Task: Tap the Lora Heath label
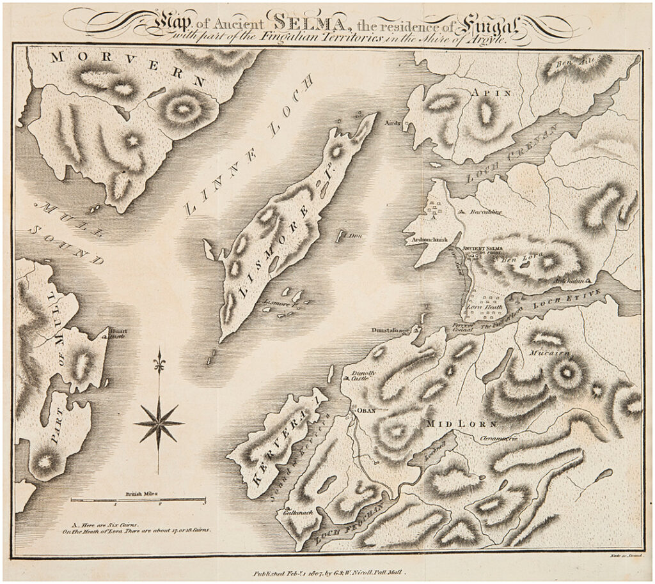click(482, 307)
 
